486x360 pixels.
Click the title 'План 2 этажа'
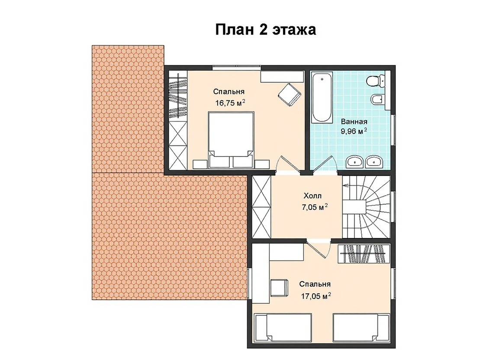pyautogui.click(x=266, y=30)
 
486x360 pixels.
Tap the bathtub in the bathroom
pyautogui.click(x=322, y=98)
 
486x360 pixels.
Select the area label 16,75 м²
pyautogui.click(x=230, y=103)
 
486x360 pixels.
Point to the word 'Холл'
pyautogui.click(x=312, y=196)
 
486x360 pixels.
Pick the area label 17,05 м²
pyautogui.click(x=316, y=296)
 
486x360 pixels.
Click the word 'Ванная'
pyautogui.click(x=354, y=121)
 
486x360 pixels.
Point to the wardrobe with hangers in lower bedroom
pyautogui.click(x=363, y=254)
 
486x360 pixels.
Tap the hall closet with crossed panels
pyautogui.click(x=261, y=207)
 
